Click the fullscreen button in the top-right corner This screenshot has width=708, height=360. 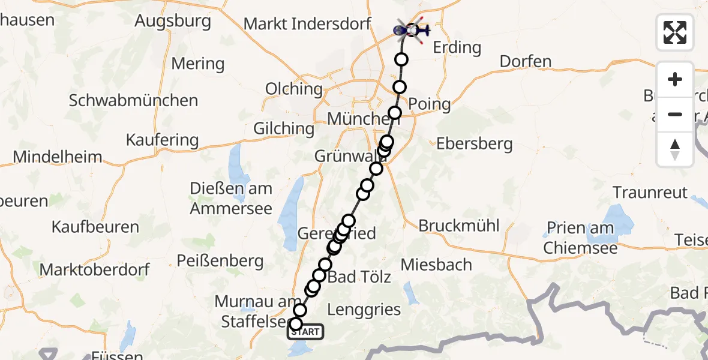tap(675, 32)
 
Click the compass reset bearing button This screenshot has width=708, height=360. tap(675, 149)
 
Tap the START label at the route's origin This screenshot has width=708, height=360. tap(306, 332)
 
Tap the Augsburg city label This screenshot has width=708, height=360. tap(173, 22)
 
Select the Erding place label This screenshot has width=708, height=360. tap(457, 47)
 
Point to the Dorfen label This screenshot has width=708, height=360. tap(526, 61)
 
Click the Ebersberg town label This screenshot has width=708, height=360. tap(475, 144)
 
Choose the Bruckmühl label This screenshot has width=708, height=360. tap(459, 226)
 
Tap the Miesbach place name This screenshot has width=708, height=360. tap(436, 265)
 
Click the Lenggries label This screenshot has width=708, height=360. tap(365, 310)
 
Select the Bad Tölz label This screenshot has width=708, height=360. tap(360, 277)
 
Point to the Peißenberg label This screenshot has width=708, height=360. tap(220, 261)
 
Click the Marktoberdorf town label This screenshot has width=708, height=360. tap(95, 269)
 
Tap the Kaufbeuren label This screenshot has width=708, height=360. tap(95, 227)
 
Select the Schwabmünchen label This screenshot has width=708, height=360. tap(133, 100)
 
